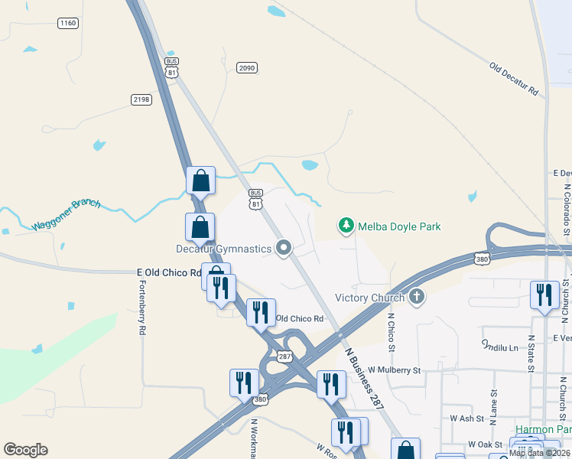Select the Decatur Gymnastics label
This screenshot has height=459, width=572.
pyautogui.click(x=223, y=249)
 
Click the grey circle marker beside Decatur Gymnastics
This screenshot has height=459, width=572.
pyautogui.click(x=284, y=247)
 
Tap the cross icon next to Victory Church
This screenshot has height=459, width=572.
pyautogui.click(x=416, y=297)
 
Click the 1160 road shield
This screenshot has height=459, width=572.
pyautogui.click(x=67, y=24)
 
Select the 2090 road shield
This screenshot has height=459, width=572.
pyautogui.click(x=246, y=68)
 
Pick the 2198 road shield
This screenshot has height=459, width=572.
pyautogui.click(x=141, y=99)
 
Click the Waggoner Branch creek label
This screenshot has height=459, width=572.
pyautogui.click(x=67, y=215)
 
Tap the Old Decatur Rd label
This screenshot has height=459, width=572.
pyautogui.click(x=514, y=79)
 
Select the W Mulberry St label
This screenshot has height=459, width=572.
pyautogui.click(x=394, y=370)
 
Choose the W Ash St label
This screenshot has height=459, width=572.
pyautogui.click(x=463, y=418)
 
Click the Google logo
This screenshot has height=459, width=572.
pyautogui.click(x=25, y=450)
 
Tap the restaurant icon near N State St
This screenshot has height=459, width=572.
pyautogui.click(x=544, y=295)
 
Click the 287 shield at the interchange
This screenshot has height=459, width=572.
pyautogui.click(x=284, y=356)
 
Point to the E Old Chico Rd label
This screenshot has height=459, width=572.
pyautogui.click(x=168, y=272)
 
